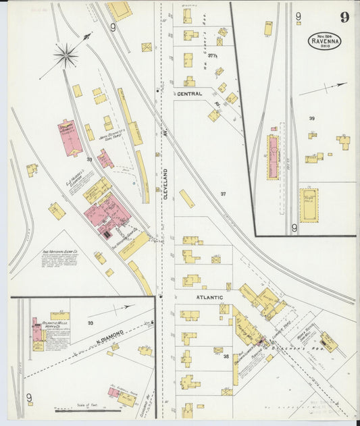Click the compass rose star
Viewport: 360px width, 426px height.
pyautogui.click(x=66, y=55)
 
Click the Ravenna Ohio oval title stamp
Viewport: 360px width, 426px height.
pyautogui.click(x=324, y=41)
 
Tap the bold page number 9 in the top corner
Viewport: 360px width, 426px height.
pyautogui.click(x=344, y=18)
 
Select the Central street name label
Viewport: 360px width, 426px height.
pyautogui.click(x=190, y=95)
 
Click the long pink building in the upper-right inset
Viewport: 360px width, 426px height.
pyautogui.click(x=274, y=157)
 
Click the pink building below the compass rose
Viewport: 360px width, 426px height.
pyautogui.click(x=70, y=138)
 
